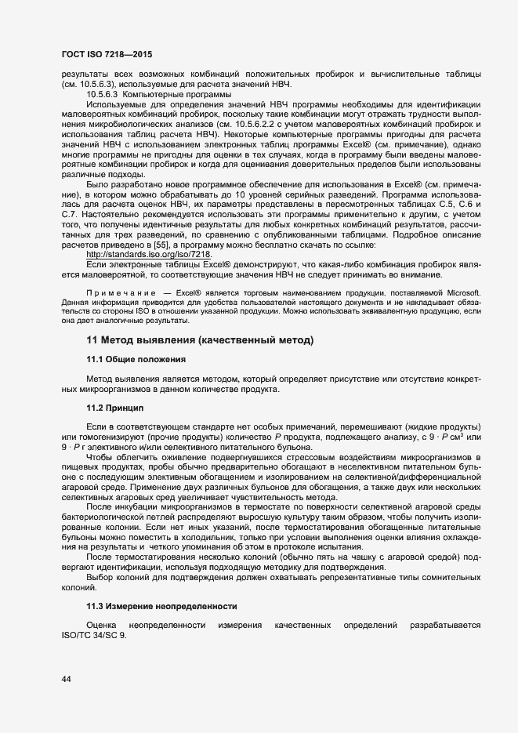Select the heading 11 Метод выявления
pos(200,340)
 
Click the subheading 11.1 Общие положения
pos(136,359)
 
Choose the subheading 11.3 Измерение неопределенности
pos(161,606)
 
